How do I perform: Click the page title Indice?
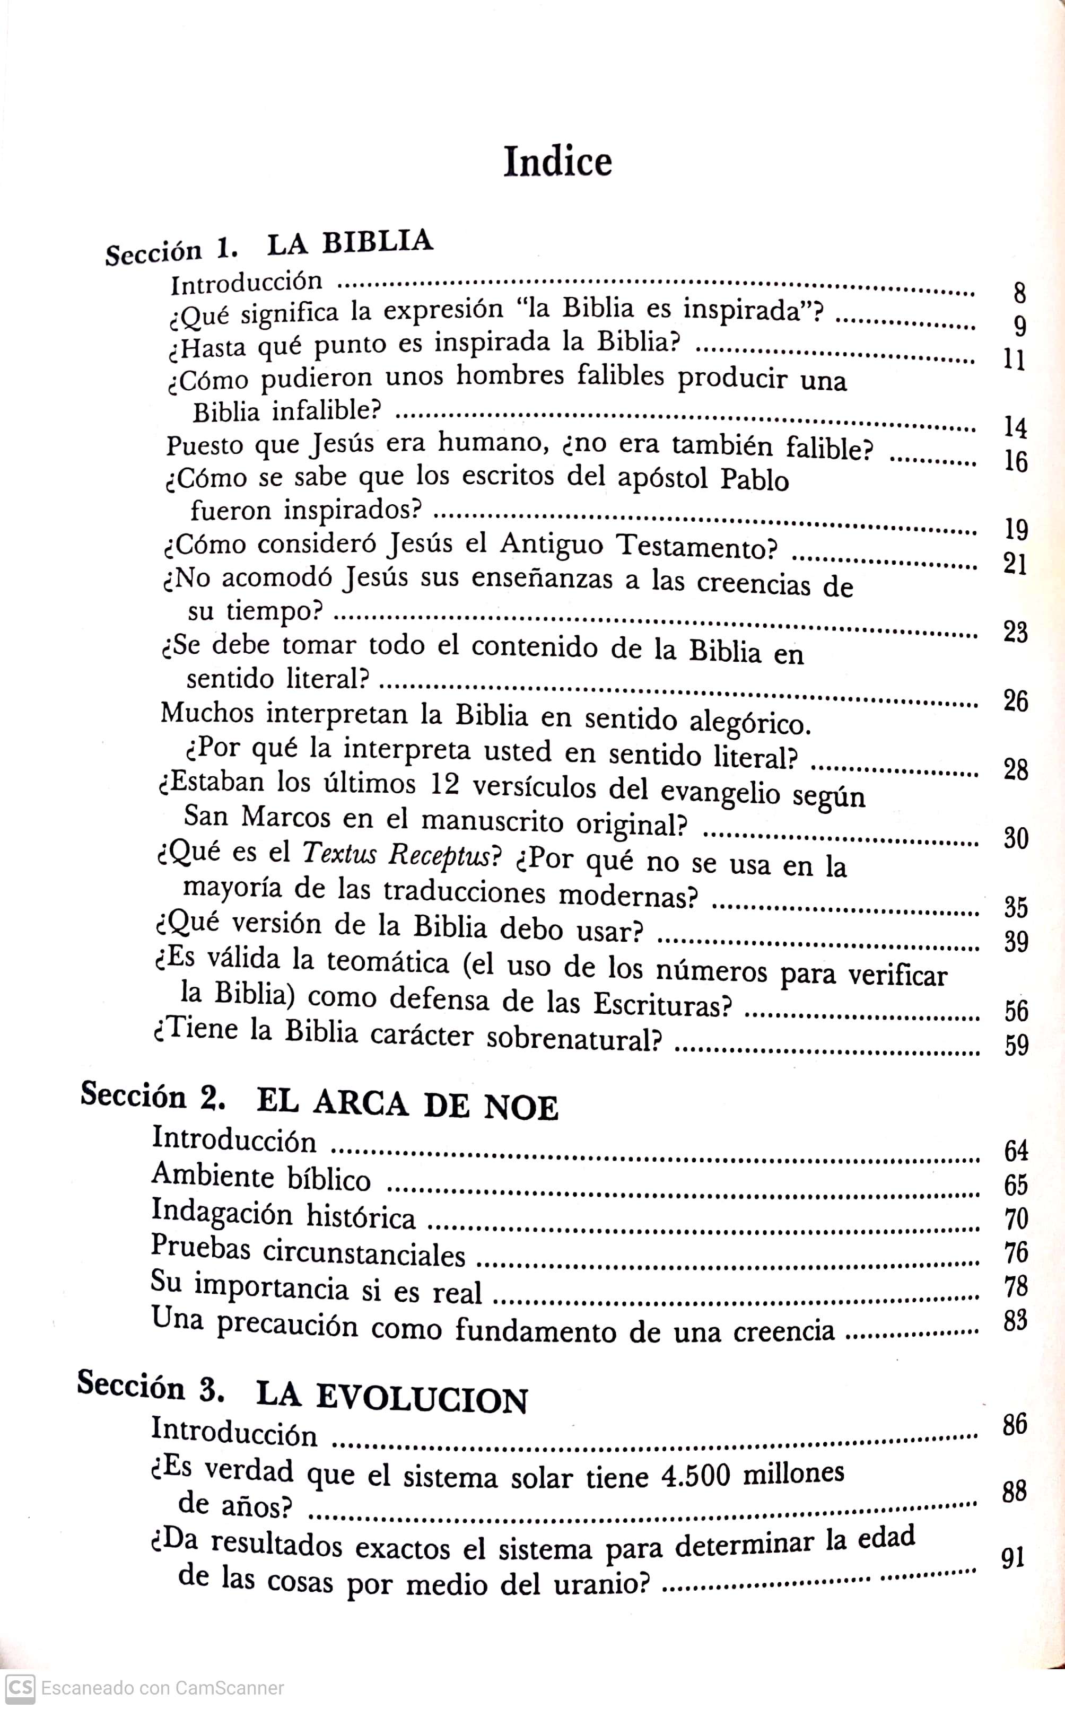(x=557, y=162)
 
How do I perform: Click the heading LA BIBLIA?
(x=350, y=243)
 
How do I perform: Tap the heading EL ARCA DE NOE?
(x=408, y=1105)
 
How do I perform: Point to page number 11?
(x=1014, y=361)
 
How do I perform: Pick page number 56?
(x=1016, y=1011)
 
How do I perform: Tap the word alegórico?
(x=747, y=722)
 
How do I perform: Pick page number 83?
(x=1015, y=1319)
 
